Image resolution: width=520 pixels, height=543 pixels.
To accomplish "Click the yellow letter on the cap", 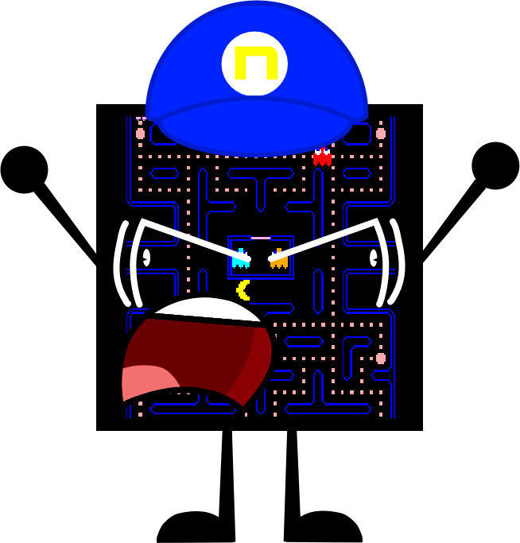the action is (256, 63).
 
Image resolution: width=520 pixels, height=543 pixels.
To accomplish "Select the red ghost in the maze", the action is (322, 157).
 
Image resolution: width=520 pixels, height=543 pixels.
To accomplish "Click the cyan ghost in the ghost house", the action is (241, 258).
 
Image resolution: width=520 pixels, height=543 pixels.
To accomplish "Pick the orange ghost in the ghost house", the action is (279, 259).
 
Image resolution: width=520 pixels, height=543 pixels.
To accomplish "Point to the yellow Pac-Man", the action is (243, 290).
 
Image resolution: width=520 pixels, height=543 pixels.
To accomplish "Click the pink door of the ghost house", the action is (261, 238).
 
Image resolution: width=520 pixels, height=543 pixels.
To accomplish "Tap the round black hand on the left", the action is (24, 169).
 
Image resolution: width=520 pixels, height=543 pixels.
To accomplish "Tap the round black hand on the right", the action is (495, 165).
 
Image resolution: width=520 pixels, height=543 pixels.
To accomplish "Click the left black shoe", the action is (196, 526).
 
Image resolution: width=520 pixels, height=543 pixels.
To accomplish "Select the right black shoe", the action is (323, 526).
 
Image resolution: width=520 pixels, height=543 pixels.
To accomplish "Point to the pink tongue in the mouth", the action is (149, 382).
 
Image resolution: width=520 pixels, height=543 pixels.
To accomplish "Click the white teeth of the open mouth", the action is (208, 311).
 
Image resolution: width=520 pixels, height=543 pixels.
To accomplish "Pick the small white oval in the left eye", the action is (146, 258).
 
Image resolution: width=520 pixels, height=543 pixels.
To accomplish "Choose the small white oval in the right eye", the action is (374, 258).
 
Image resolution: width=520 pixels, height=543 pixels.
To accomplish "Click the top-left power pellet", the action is (140, 134).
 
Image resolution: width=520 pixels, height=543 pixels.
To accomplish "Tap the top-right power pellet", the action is (381, 134).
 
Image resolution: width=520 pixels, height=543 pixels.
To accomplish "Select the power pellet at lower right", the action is (381, 359).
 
